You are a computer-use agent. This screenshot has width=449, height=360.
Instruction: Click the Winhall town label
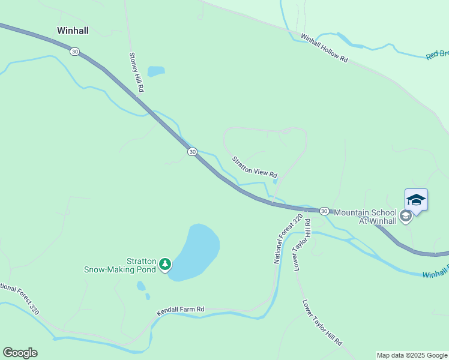click(x=73, y=30)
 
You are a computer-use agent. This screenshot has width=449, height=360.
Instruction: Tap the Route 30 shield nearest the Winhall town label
click(x=74, y=52)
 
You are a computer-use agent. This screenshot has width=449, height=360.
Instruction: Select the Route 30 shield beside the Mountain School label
click(x=324, y=211)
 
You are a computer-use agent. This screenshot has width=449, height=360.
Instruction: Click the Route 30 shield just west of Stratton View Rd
click(x=191, y=152)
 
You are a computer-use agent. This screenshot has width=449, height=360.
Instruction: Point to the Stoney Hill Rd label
click(x=137, y=71)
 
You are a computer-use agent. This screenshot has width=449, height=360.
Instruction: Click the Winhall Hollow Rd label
click(x=325, y=48)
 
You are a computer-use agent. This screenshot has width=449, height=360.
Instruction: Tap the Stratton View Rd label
click(x=255, y=166)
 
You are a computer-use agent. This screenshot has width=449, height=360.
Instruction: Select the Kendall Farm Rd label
click(x=181, y=310)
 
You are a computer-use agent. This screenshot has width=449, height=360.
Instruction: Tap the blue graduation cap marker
click(x=416, y=199)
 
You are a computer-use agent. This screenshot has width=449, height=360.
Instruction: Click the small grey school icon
click(x=406, y=216)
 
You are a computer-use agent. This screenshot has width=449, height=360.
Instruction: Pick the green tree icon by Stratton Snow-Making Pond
click(x=165, y=263)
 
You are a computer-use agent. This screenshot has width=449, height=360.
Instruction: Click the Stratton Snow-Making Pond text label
click(x=120, y=265)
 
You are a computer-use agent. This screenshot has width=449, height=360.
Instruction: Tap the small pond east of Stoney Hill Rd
click(x=156, y=71)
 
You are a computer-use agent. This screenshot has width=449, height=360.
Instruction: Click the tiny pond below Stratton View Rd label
click(x=274, y=181)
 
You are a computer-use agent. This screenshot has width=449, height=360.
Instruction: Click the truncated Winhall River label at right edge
click(x=435, y=274)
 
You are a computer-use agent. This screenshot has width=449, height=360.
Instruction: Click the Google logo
click(x=20, y=353)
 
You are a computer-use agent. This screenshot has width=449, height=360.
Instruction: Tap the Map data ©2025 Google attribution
click(x=412, y=355)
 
